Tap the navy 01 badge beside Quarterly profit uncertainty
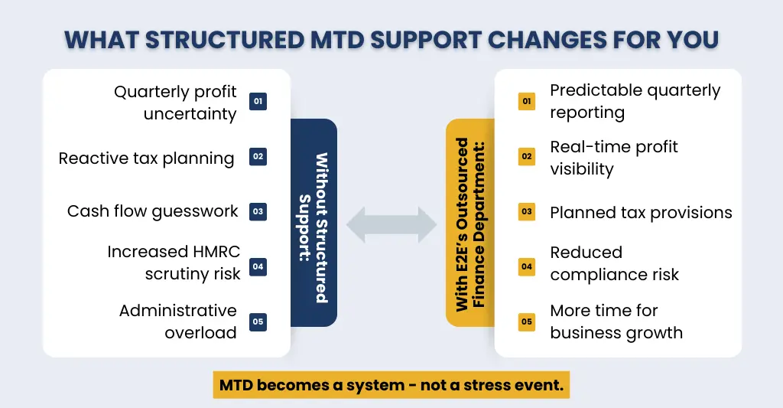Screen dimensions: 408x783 pos(258,102)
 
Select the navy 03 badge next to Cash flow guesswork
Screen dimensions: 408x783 pos(258,211)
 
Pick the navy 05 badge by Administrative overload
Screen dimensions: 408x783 pos(258,322)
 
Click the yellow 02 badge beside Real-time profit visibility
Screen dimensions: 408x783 pos(527,157)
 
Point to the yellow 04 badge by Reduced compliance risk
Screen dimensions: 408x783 pos(527,266)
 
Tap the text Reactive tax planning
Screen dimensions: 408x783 pos(146,158)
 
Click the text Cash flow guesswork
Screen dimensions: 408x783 pos(152,211)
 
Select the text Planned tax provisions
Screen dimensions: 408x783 pos(641,212)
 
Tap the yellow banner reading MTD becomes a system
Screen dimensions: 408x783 pos(391,385)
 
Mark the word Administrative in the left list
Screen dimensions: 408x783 pos(177,311)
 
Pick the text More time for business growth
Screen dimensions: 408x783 pos(616,322)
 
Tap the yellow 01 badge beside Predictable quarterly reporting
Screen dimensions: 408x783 pos(527,102)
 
